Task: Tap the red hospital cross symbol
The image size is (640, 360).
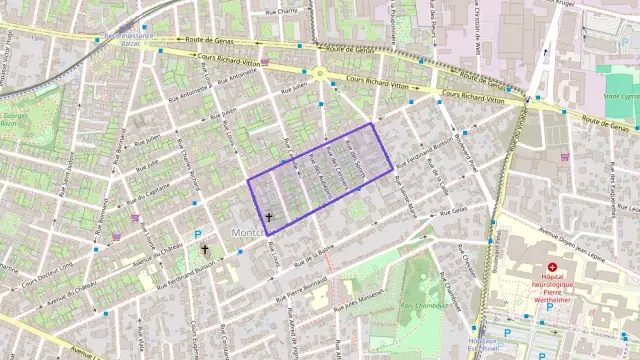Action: coord(552,268)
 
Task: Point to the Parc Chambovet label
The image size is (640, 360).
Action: coord(422,304)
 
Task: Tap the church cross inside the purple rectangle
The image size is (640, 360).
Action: coord(268,216)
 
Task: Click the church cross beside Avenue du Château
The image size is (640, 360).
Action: coord(205,249)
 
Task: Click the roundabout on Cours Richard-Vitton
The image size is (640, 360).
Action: coord(320,73)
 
